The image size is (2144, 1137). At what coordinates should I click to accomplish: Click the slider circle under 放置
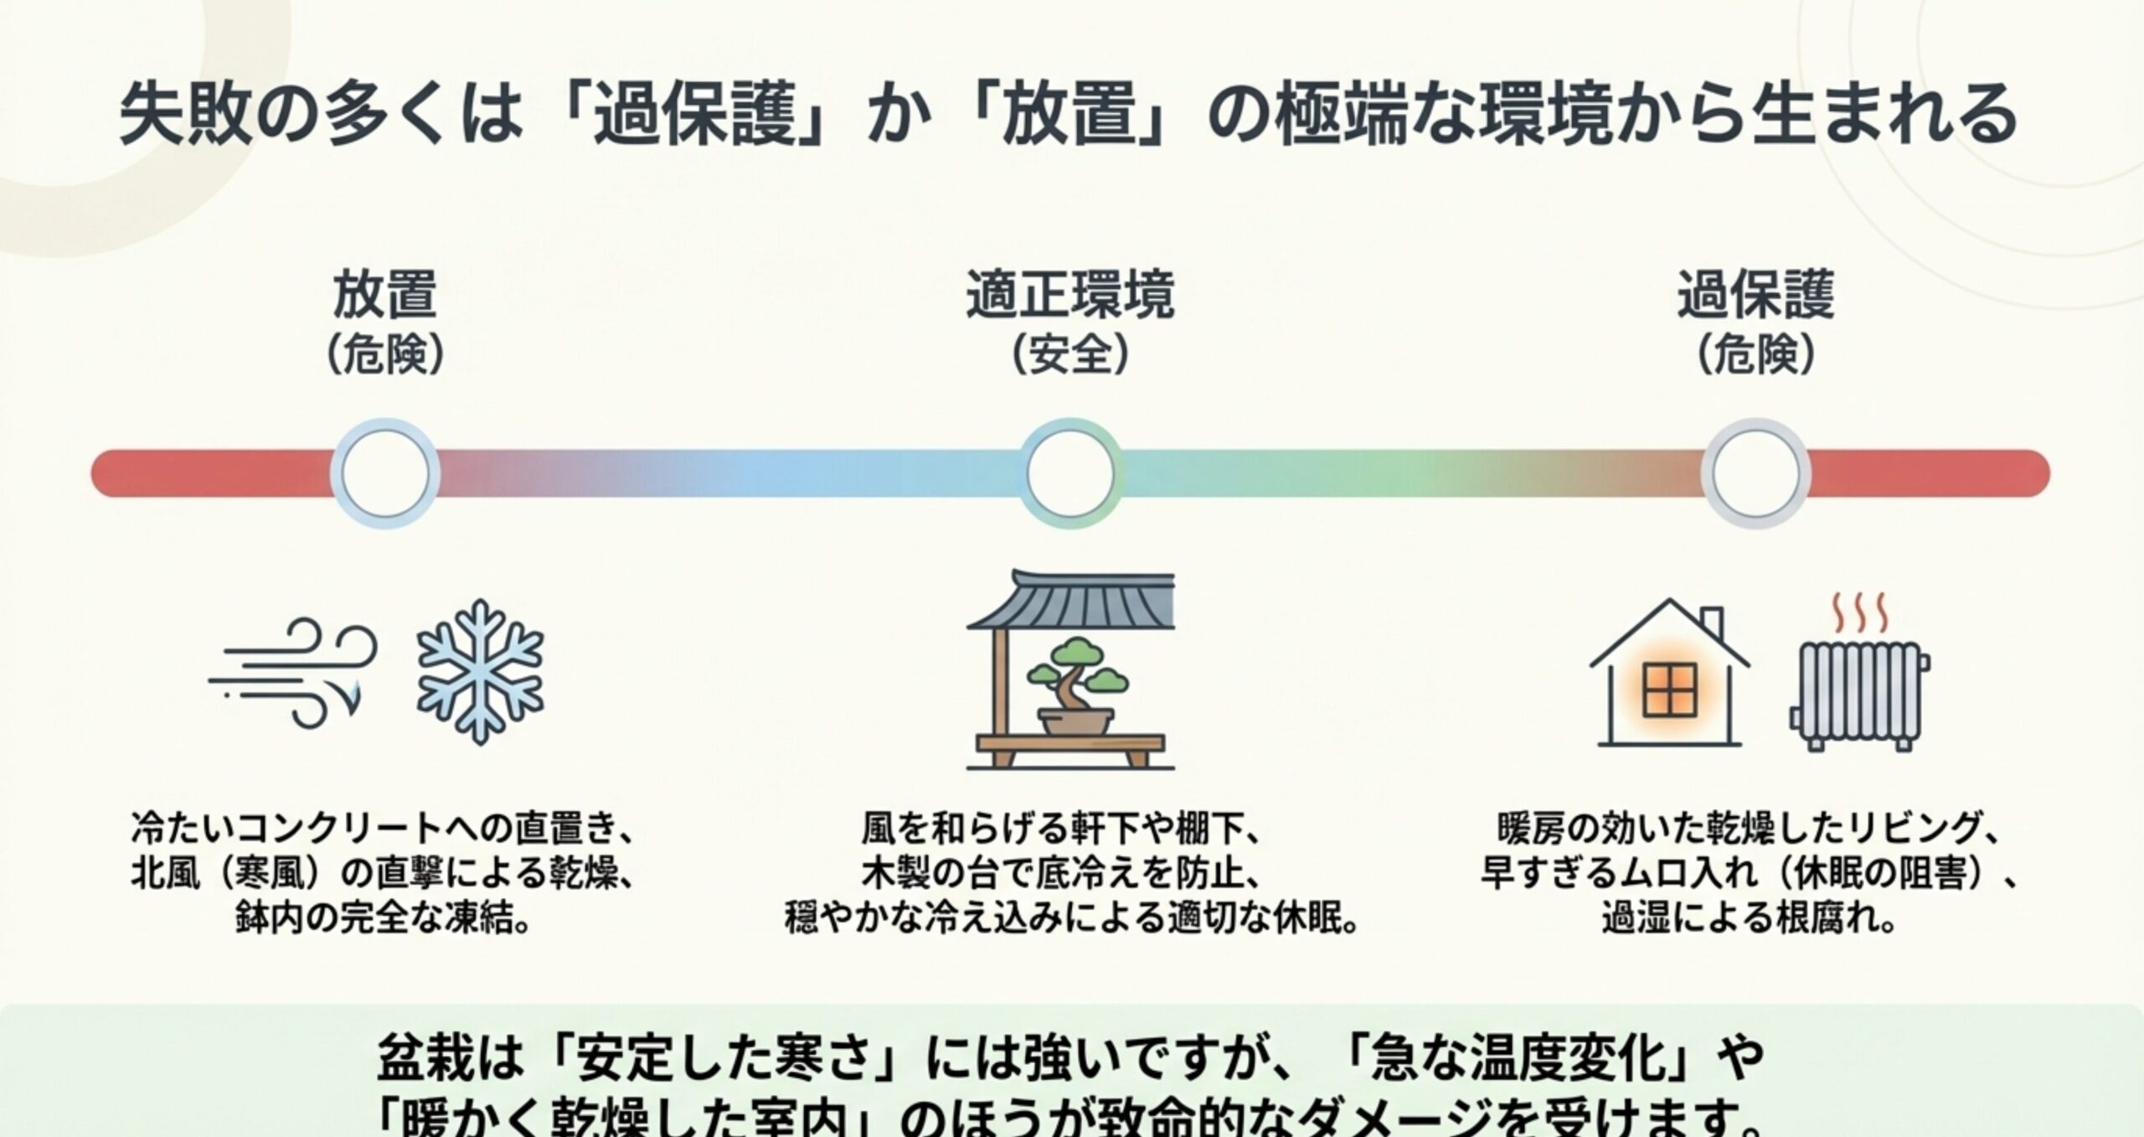tap(385, 473)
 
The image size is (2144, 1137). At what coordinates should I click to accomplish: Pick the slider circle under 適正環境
tap(1071, 473)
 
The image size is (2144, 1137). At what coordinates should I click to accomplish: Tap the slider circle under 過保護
tap(1756, 473)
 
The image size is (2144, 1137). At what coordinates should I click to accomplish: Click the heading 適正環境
tap(1070, 295)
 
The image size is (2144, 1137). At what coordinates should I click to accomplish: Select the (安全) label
tap(1070, 357)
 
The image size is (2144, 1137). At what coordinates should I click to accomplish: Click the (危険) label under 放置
tap(384, 357)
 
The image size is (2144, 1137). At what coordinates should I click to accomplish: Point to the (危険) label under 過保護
tap(1756, 357)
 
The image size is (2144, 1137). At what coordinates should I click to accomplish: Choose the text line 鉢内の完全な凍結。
tap(384, 920)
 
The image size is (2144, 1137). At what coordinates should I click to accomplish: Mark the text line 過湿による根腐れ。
tap(1749, 920)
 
